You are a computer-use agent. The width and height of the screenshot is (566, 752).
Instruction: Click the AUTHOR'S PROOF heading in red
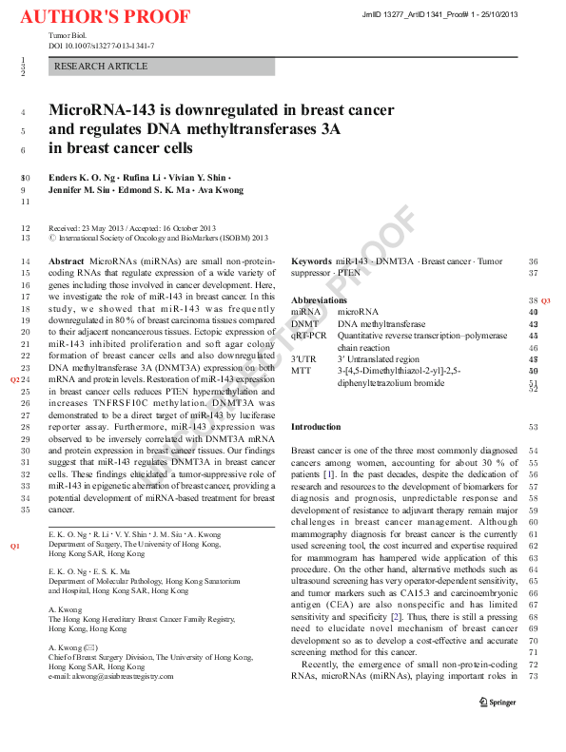point(105,18)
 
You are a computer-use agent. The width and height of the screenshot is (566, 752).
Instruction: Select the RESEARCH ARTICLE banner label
point(101,67)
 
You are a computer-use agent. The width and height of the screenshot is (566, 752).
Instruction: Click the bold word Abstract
point(65,260)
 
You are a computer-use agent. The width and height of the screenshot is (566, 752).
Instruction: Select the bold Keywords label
point(311,260)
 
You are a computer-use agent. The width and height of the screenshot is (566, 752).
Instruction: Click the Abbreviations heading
point(319,299)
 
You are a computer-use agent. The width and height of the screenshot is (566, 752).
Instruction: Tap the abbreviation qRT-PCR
point(308,336)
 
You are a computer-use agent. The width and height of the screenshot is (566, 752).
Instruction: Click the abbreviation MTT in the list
point(301,371)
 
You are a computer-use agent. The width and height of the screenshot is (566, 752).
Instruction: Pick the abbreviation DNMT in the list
point(305,323)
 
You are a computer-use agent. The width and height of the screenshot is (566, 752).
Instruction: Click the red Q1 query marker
point(15,548)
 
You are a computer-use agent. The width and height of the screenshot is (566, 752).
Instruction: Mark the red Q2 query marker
point(15,378)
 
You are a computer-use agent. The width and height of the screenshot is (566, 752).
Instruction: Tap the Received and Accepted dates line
point(132,228)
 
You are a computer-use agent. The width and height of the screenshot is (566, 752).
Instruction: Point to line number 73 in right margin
point(534,677)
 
